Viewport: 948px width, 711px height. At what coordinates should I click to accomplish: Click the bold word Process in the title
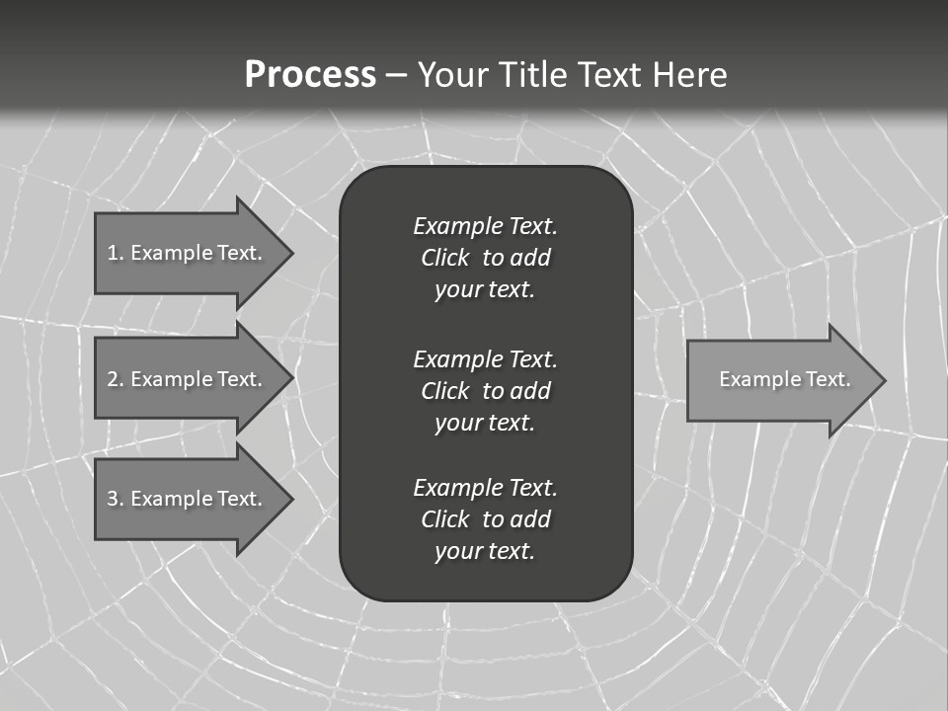(310, 75)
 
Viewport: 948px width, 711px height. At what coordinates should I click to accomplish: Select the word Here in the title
(689, 75)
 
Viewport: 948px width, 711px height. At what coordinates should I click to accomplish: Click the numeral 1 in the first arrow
(113, 253)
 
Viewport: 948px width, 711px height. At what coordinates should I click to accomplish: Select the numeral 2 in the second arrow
(113, 379)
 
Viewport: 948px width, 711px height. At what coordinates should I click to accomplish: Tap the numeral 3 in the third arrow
(113, 499)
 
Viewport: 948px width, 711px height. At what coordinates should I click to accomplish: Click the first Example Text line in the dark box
(485, 226)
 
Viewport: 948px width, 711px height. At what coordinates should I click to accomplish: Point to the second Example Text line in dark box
(485, 358)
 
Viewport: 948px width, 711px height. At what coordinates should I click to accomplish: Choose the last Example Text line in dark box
(485, 487)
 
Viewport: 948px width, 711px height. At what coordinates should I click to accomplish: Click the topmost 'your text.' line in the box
(485, 290)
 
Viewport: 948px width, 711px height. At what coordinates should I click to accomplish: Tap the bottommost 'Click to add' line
(485, 519)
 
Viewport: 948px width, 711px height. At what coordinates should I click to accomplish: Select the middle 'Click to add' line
(485, 391)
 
